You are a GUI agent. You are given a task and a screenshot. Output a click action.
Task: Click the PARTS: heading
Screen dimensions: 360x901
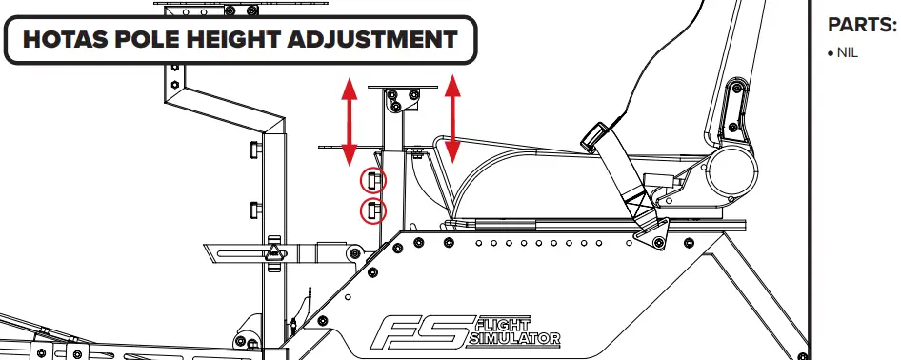[x=862, y=26]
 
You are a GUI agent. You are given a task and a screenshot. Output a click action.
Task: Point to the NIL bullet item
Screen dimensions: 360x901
[x=845, y=53]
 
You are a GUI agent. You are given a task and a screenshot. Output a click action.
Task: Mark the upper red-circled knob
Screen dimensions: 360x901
[x=373, y=180]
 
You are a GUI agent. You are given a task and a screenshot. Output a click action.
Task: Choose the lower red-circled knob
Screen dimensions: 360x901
[x=373, y=210]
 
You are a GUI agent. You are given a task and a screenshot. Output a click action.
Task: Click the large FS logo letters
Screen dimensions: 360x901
[x=420, y=333]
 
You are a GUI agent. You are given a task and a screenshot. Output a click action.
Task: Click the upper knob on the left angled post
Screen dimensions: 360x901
[x=255, y=150]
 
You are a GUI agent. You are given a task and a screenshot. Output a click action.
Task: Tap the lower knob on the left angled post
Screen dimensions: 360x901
[x=255, y=209]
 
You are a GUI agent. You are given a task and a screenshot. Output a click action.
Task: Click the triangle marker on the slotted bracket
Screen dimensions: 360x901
[x=274, y=251]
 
